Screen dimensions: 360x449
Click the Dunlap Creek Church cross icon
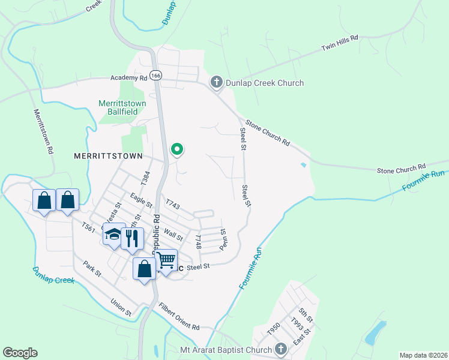pos(217,83)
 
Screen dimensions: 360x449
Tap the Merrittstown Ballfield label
pos(122,107)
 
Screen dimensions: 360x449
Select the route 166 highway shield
pos(156,76)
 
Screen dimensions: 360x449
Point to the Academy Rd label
pos(129,78)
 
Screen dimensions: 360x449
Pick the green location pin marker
pos(177,149)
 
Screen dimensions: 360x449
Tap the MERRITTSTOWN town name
pos(108,156)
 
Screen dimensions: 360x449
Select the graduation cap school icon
pos(113,235)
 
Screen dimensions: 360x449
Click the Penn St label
pos(222,239)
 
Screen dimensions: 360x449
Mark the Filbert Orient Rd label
pos(179,317)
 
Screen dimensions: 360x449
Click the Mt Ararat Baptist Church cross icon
pos(280,349)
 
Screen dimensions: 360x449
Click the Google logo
pos(20,353)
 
